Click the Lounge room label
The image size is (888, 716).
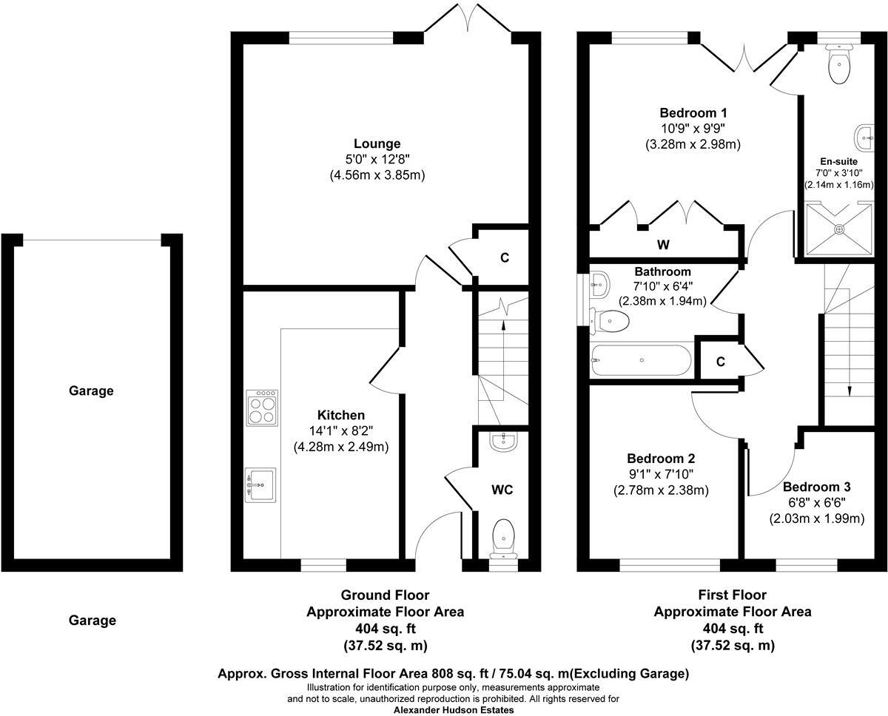tap(377, 143)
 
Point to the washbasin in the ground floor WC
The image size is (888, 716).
tap(504, 441)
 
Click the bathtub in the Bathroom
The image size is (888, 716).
tap(641, 360)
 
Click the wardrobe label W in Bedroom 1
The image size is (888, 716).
tap(663, 244)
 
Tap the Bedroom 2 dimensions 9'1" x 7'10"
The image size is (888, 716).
tap(661, 474)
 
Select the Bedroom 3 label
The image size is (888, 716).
tap(816, 487)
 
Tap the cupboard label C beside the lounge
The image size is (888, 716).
tap(504, 257)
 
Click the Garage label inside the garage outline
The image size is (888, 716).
tap(91, 391)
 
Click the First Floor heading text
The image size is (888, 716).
tap(732, 595)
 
